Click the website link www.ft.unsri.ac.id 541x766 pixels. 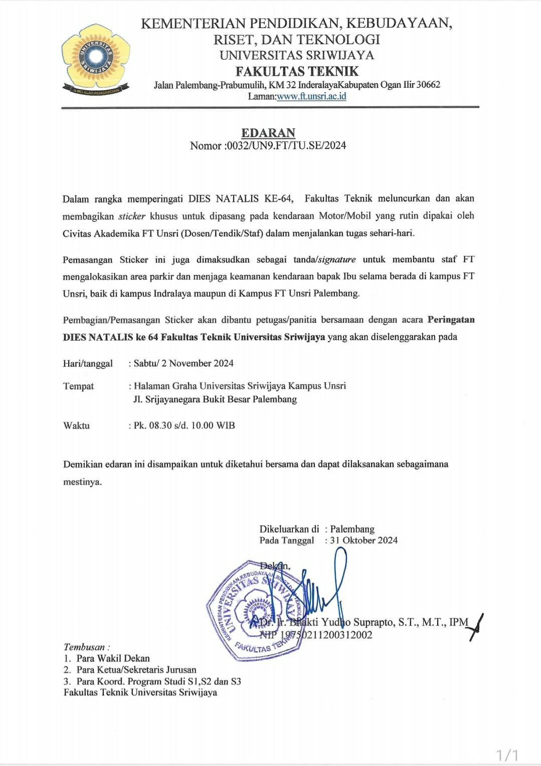pos(311,96)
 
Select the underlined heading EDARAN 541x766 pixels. pos(268,133)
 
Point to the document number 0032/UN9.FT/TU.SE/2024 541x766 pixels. pos(286,146)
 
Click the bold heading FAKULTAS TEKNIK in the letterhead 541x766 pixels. pos(297,71)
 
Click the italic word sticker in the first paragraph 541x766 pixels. pos(132,216)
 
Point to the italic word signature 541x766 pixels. pos(337,260)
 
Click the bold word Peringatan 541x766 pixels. pos(451,320)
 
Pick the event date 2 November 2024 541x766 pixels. pos(198,363)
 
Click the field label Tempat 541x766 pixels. pos(79,386)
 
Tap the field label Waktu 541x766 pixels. pos(77,425)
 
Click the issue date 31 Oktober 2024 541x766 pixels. pos(364,540)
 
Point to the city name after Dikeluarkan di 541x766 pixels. pos(352,529)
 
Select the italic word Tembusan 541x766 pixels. pos(84,647)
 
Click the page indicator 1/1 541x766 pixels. pos(507,754)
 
